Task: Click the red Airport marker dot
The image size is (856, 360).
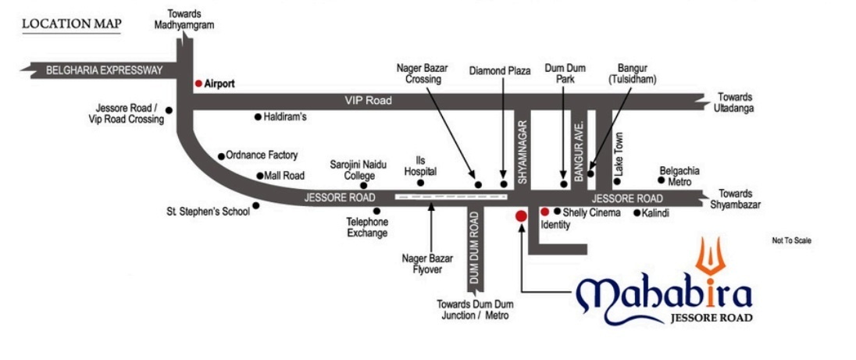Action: (x=198, y=82)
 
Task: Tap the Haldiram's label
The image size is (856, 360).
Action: (x=287, y=117)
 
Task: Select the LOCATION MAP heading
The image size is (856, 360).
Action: (x=71, y=23)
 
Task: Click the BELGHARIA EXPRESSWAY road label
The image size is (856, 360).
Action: (x=104, y=70)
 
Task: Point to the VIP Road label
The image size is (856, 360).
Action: (x=368, y=101)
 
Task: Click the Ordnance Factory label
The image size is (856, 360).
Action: (x=262, y=155)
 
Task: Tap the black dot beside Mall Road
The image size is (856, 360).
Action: (x=260, y=176)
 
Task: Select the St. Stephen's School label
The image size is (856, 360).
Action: (x=208, y=211)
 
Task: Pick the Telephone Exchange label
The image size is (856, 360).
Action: (x=367, y=227)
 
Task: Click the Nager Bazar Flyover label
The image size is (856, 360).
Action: (x=423, y=263)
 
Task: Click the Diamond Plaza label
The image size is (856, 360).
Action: (x=500, y=70)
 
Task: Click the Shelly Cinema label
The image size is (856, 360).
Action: (x=592, y=212)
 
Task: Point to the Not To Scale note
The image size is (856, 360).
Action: (x=792, y=241)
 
